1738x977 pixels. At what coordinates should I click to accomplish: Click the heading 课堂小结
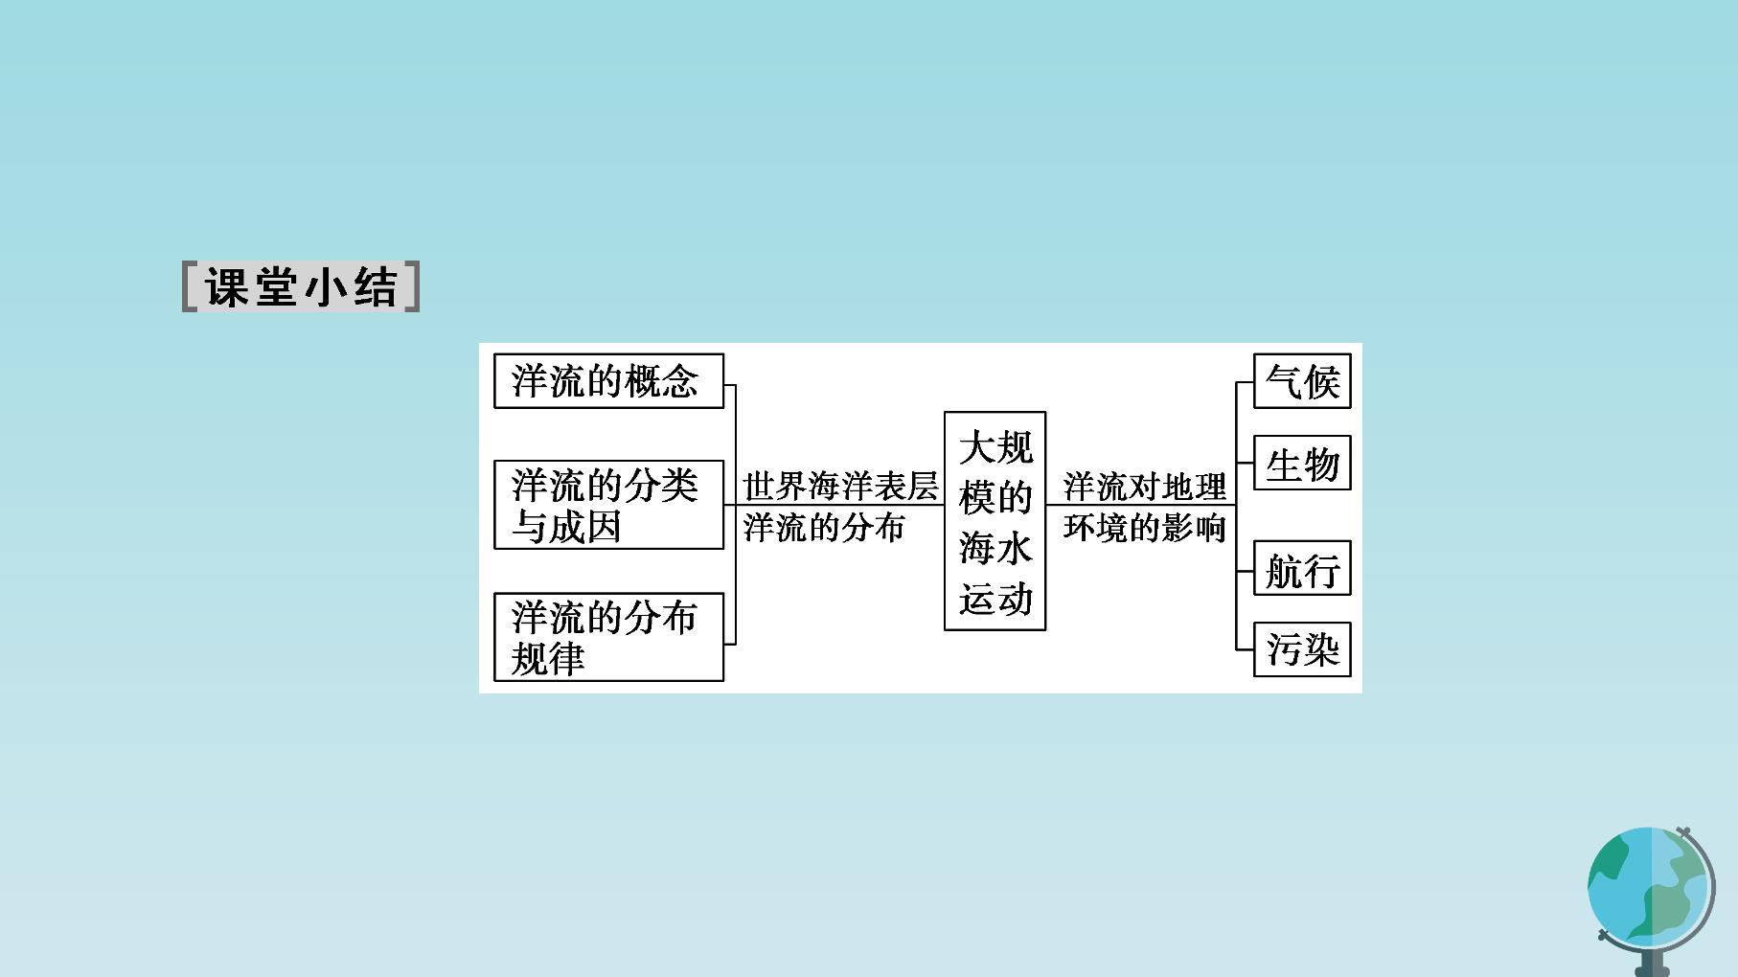(301, 286)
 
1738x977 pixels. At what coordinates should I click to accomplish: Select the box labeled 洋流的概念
(608, 381)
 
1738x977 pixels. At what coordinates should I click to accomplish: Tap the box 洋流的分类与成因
(608, 505)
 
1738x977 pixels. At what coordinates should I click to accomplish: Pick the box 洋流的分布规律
(608, 637)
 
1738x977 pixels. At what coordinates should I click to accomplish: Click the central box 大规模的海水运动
(995, 521)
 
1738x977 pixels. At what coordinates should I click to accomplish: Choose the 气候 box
(1302, 381)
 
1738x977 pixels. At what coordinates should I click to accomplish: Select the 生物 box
(1302, 464)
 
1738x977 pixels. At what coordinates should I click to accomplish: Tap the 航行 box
(1302, 568)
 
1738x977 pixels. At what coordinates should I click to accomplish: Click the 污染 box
(1302, 649)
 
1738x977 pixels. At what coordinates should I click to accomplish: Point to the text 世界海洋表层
(840, 487)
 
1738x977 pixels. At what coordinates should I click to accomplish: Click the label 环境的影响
(1144, 528)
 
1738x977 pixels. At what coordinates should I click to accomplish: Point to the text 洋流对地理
(1144, 487)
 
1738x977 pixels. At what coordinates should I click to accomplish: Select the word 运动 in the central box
(995, 599)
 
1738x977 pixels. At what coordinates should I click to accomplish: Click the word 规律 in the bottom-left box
(547, 659)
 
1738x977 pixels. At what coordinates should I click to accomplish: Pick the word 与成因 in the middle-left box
(566, 527)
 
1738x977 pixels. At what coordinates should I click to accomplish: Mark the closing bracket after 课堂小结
(412, 286)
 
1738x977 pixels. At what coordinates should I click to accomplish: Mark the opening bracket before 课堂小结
(191, 286)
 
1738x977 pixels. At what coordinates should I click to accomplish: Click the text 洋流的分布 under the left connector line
(824, 528)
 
